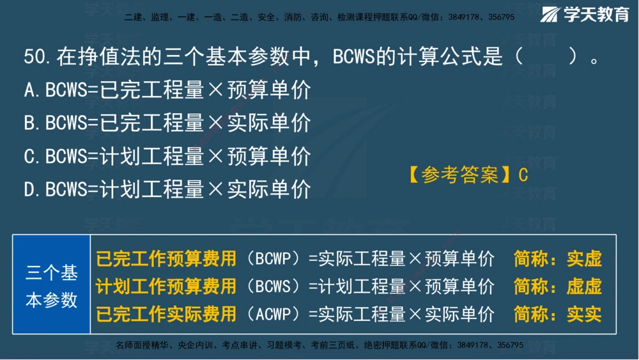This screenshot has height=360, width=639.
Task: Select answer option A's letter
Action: point(30,91)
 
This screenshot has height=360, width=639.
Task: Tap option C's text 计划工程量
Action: point(152,156)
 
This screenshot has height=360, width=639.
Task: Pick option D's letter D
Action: point(30,189)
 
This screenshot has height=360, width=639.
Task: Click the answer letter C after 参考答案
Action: point(523,175)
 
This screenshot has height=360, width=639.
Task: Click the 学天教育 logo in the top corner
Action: point(585,14)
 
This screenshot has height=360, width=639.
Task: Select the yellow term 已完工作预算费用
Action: point(166,259)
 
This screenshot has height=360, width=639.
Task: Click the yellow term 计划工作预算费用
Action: point(166,286)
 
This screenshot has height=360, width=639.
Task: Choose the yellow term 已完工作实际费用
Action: point(166,314)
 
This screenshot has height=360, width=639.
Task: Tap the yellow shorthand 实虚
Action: point(584,259)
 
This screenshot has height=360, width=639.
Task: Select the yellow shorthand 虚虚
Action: point(584,286)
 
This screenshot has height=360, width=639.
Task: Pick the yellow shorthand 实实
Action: point(584,314)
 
